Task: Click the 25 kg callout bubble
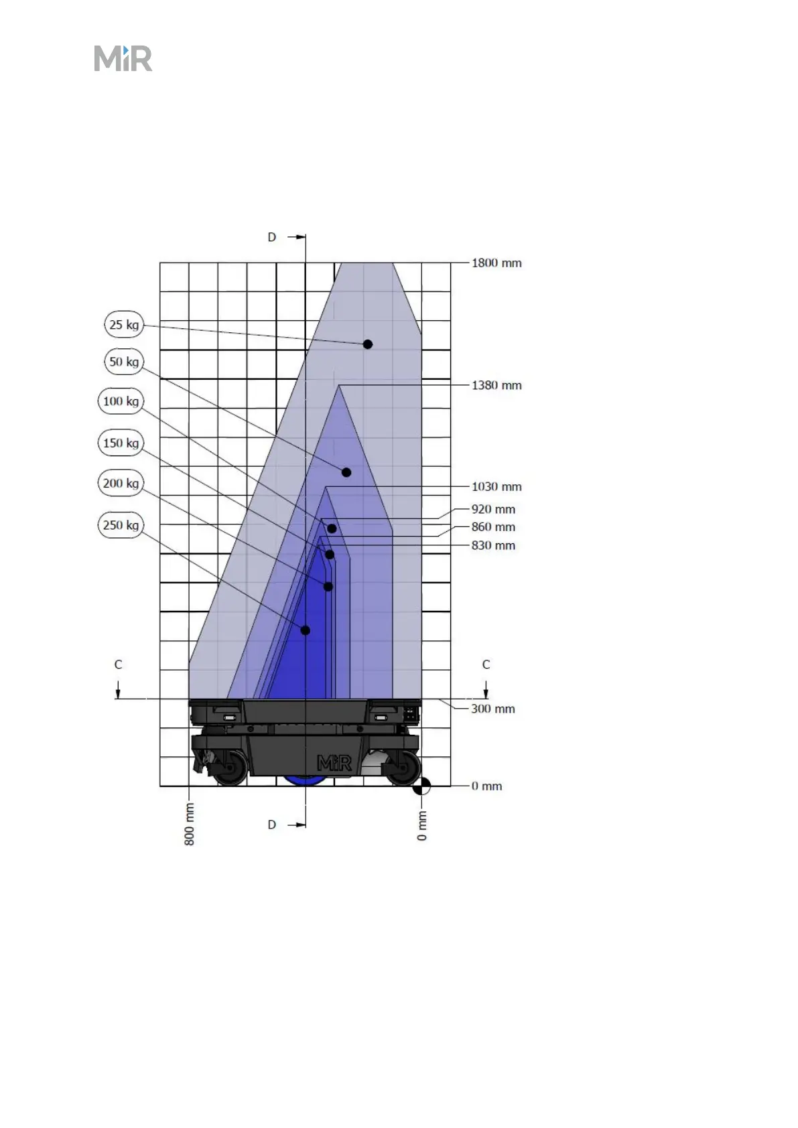(x=124, y=324)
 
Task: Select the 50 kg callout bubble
(x=124, y=362)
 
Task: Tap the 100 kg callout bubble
(x=121, y=401)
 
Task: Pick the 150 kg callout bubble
(x=121, y=443)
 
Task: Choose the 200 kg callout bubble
(x=121, y=483)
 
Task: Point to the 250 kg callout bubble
(x=121, y=524)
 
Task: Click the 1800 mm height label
(x=496, y=263)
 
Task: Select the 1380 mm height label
(x=496, y=385)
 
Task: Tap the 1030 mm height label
(x=496, y=486)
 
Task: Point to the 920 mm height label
(x=493, y=509)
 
